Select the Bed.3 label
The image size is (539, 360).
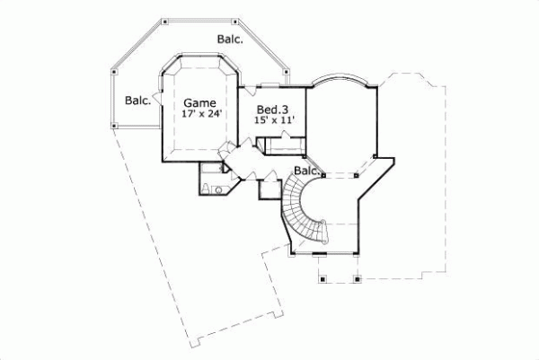coord(269,108)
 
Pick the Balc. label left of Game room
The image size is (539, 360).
coord(137,100)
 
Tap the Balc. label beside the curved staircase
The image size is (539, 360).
coord(306,171)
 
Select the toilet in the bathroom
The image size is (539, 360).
coord(205,188)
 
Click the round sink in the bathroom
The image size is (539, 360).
coord(218,189)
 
